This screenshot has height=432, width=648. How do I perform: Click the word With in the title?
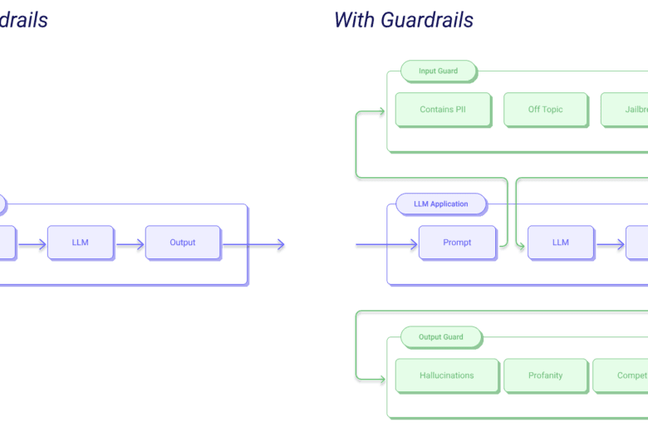[355, 19]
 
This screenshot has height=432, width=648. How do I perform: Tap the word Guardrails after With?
[427, 19]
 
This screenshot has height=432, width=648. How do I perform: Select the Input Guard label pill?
[439, 71]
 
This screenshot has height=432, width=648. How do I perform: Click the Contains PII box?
[443, 110]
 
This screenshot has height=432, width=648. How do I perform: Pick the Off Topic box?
[545, 110]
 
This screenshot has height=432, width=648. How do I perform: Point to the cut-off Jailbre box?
[625, 110]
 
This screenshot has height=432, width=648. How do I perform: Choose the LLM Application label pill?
[439, 204]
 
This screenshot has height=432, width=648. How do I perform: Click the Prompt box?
[457, 243]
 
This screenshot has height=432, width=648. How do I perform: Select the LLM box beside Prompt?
[561, 243]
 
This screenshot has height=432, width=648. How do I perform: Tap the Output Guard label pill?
[441, 336]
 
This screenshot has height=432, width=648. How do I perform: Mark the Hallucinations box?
[446, 376]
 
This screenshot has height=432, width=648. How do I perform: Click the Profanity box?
[546, 376]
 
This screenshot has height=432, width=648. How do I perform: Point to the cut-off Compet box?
[621, 376]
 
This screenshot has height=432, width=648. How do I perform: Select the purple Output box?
[183, 243]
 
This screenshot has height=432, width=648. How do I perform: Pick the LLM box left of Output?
[80, 243]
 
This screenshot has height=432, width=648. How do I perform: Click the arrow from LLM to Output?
[130, 244]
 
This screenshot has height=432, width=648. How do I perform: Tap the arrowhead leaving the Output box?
[281, 244]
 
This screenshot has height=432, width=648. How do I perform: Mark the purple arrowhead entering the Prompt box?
[413, 244]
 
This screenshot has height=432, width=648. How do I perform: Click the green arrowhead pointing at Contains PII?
[383, 110]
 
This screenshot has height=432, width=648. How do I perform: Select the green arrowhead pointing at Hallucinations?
[383, 376]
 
